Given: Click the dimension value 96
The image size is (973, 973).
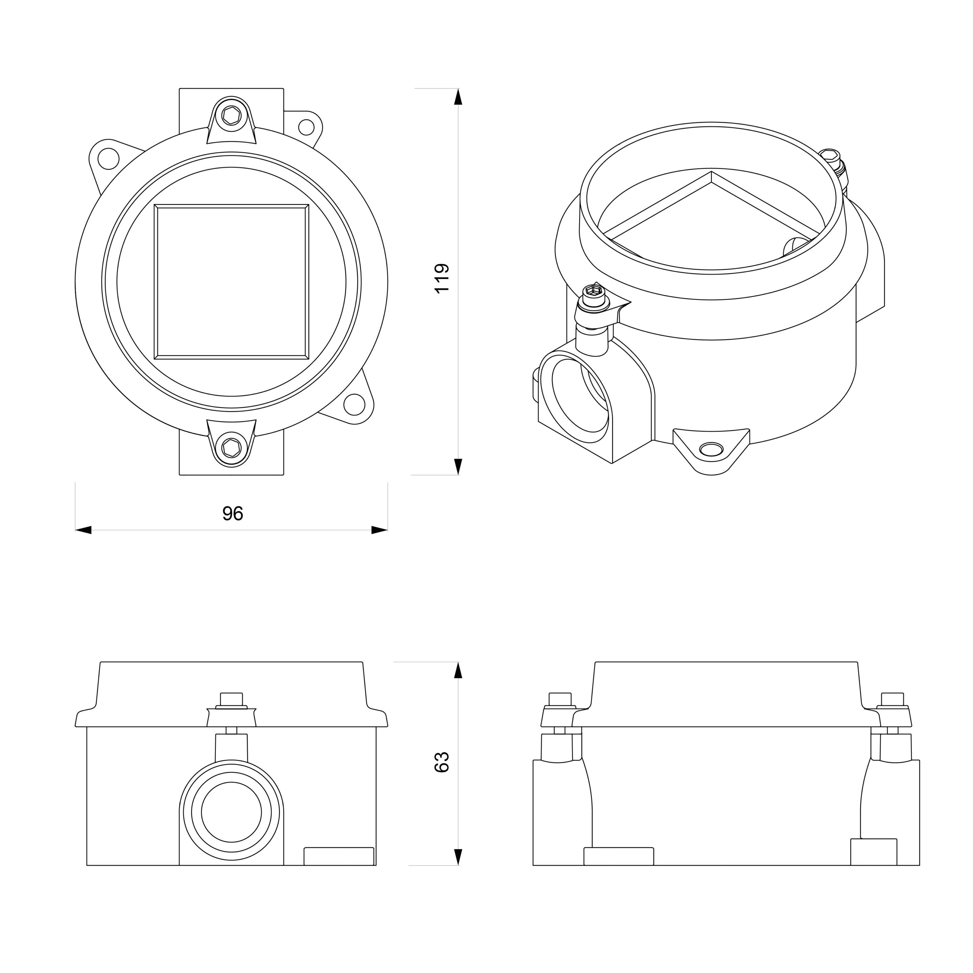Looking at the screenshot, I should pyautogui.click(x=233, y=513).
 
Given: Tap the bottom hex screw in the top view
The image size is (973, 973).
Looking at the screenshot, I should pyautogui.click(x=231, y=447).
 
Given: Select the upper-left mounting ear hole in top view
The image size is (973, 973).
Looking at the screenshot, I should pyautogui.click(x=108, y=159).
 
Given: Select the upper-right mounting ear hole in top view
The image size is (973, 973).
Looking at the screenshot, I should pyautogui.click(x=306, y=127).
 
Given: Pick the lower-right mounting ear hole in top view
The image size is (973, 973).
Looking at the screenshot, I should pyautogui.click(x=355, y=404).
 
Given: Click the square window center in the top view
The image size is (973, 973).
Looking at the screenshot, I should pyautogui.click(x=231, y=281).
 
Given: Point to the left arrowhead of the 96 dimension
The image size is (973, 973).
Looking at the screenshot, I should pyautogui.click(x=83, y=530).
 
